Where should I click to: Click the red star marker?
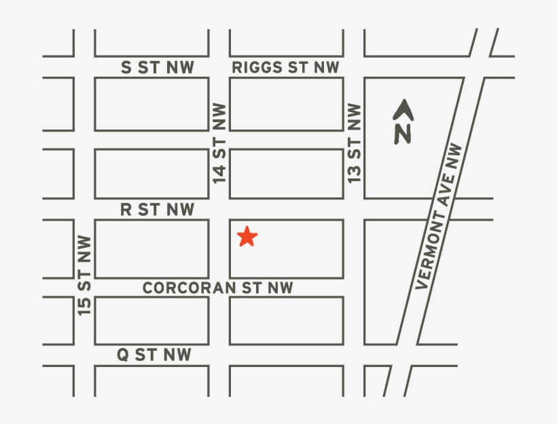[x=247, y=237]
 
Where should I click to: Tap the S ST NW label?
[x=157, y=67]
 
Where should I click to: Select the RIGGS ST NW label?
[x=285, y=67]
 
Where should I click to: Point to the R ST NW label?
[x=157, y=210]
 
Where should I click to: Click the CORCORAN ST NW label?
[x=217, y=288]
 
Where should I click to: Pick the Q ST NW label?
[x=154, y=354]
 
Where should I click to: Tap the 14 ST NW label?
[x=219, y=142]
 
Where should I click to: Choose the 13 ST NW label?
[x=354, y=142]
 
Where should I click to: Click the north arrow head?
[x=404, y=107]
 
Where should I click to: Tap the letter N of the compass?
[x=403, y=134]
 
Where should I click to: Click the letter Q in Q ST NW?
[x=122, y=354]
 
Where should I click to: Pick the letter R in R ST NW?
[x=126, y=210]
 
